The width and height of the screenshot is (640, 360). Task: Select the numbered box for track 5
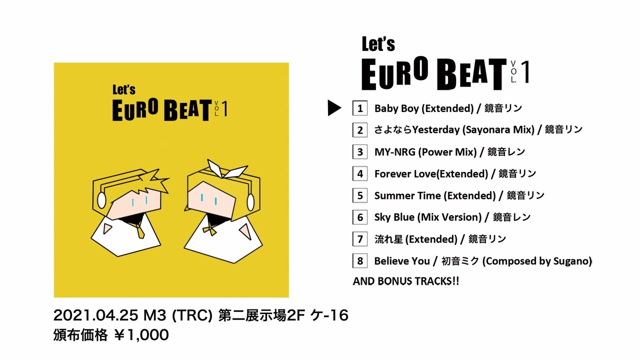[x=360, y=195]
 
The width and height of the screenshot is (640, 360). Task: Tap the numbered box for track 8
[x=360, y=260]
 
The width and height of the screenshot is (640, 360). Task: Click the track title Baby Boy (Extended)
[x=424, y=108]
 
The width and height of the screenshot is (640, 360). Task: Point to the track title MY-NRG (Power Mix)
[x=425, y=152]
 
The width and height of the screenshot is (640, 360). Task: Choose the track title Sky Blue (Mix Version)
[x=428, y=217]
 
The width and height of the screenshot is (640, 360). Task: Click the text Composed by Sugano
[x=537, y=261]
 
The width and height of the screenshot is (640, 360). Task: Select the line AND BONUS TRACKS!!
[x=406, y=281]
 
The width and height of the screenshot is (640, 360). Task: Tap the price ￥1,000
[x=141, y=335]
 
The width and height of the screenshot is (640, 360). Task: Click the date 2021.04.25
[x=95, y=315]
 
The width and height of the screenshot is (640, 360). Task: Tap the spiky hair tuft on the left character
[x=154, y=180]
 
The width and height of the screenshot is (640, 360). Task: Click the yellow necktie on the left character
[x=139, y=229]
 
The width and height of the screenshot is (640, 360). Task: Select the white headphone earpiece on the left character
[x=101, y=200]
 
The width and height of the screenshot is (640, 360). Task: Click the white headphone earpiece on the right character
[x=250, y=202]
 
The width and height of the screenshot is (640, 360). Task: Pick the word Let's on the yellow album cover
[x=124, y=89]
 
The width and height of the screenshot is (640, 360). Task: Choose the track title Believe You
[x=402, y=261]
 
